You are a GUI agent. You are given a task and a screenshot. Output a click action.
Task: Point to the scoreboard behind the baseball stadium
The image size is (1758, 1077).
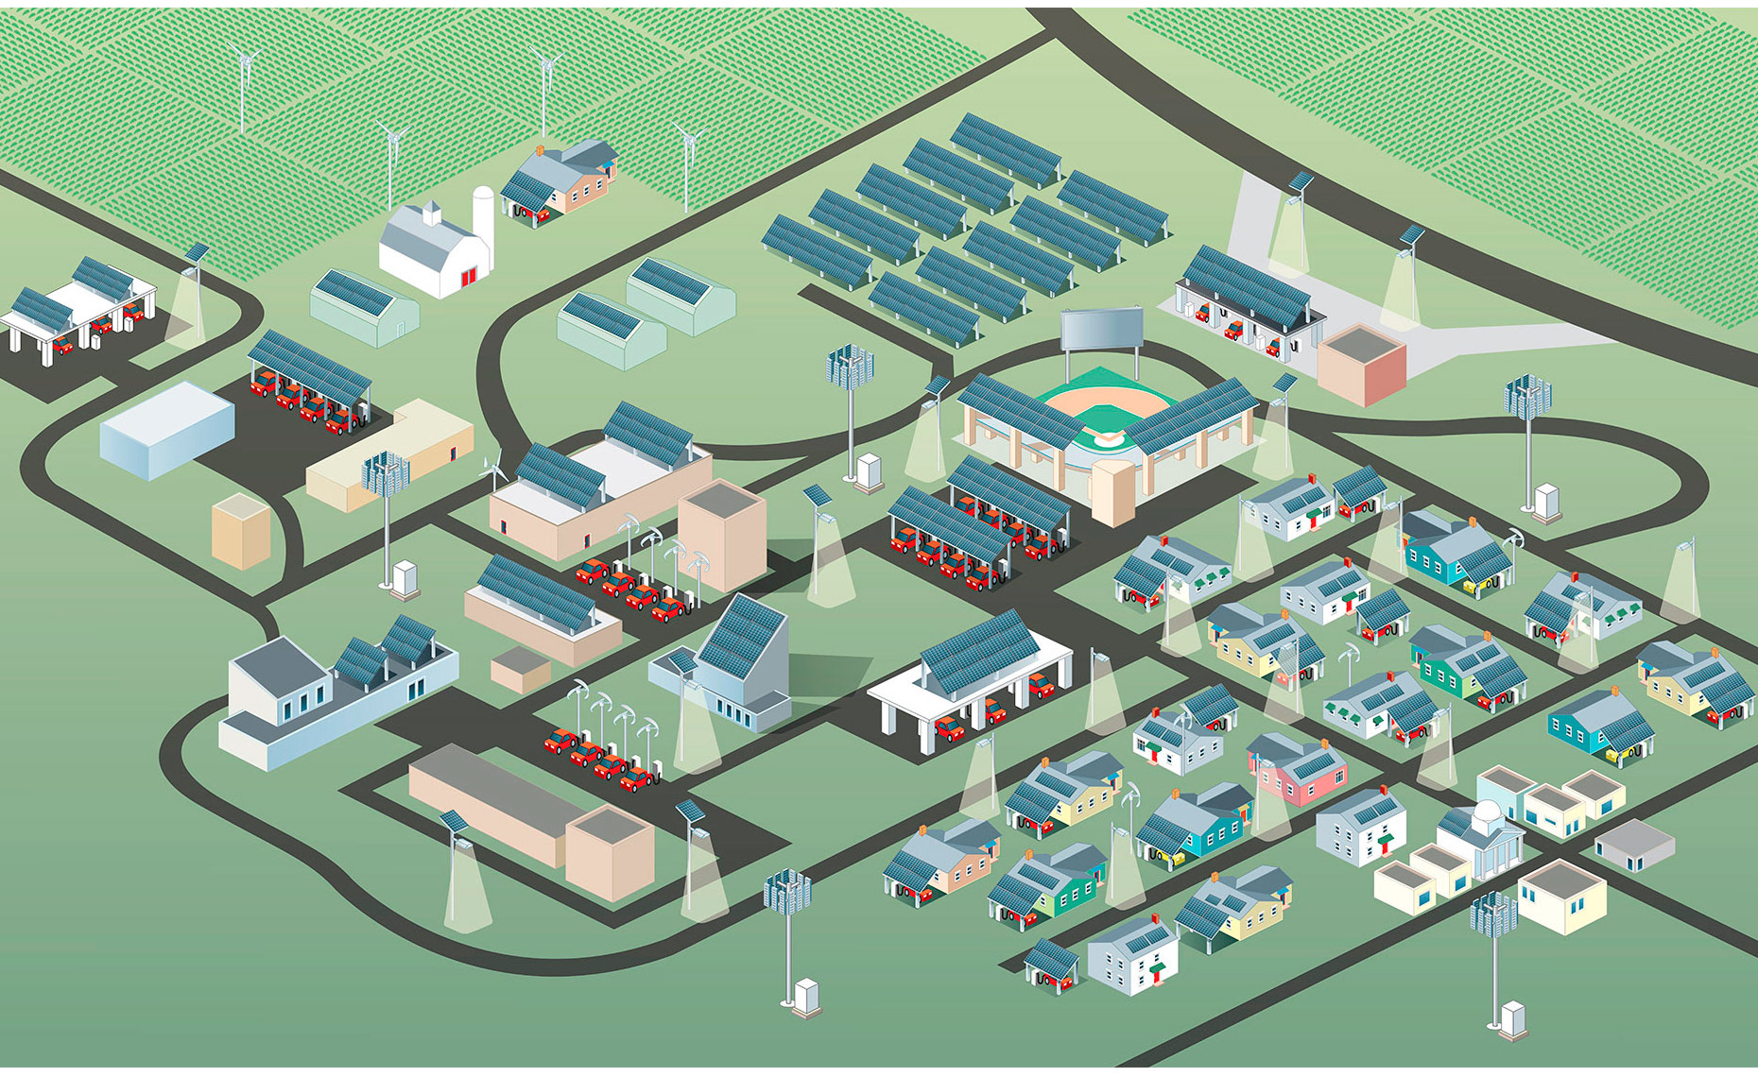(x=1101, y=330)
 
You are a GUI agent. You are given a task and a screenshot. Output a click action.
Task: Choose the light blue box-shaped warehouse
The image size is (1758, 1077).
(x=167, y=430)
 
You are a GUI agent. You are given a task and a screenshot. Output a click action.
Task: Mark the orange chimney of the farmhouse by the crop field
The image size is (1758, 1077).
(x=540, y=150)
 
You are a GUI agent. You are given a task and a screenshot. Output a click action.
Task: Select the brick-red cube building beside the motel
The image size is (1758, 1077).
(x=1361, y=365)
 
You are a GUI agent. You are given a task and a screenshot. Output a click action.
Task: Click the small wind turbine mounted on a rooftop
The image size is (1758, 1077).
(x=491, y=467)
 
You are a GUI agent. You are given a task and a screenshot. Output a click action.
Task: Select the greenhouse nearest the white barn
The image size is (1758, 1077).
(x=365, y=306)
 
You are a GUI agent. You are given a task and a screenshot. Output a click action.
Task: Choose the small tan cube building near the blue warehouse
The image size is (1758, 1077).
(x=241, y=530)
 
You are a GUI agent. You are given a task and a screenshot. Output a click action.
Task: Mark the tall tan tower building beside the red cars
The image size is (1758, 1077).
(x=722, y=535)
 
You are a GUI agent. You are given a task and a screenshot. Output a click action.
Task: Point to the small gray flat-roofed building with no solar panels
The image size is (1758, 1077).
(x=1634, y=844)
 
